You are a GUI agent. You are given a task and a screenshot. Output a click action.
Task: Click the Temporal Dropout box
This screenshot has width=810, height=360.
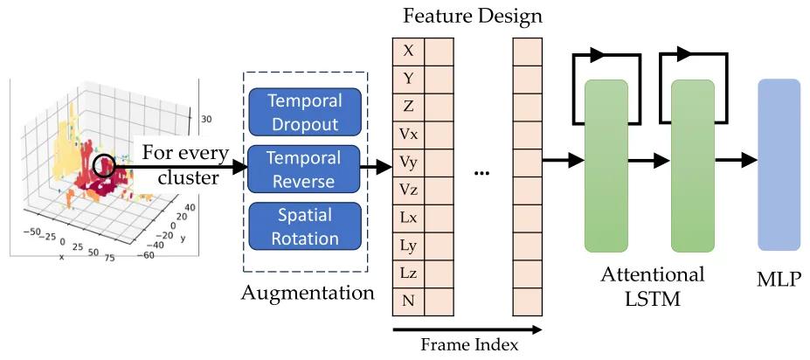tap(305, 111)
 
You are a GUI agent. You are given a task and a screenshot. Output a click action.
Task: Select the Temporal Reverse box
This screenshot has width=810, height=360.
tap(305, 170)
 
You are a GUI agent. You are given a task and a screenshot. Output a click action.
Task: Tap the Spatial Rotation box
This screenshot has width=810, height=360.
tap(305, 225)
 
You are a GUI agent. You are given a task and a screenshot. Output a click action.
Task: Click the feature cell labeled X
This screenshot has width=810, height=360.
tap(407, 51)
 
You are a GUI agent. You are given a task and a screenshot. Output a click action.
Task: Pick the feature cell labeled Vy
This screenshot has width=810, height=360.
tap(407, 163)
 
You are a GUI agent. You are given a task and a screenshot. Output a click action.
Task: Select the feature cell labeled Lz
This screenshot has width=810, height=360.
tap(407, 274)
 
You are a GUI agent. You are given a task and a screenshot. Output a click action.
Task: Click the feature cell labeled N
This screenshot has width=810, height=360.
tap(407, 302)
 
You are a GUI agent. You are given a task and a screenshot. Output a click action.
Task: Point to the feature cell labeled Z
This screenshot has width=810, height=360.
tap(407, 107)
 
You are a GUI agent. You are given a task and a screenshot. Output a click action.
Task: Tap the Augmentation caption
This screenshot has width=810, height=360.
tap(308, 293)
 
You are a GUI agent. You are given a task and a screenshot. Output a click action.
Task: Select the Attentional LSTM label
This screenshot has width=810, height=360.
tap(652, 286)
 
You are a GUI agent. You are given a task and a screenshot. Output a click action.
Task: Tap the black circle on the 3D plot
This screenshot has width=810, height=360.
tap(104, 164)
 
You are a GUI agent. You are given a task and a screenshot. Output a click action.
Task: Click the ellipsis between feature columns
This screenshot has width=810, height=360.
tap(482, 173)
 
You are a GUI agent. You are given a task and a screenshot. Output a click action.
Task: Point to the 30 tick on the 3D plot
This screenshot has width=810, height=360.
tap(208, 121)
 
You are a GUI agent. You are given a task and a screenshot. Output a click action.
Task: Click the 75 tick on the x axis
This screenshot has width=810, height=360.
tap(110, 260)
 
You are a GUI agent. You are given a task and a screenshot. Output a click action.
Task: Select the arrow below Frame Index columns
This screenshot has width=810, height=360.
tap(467, 329)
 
